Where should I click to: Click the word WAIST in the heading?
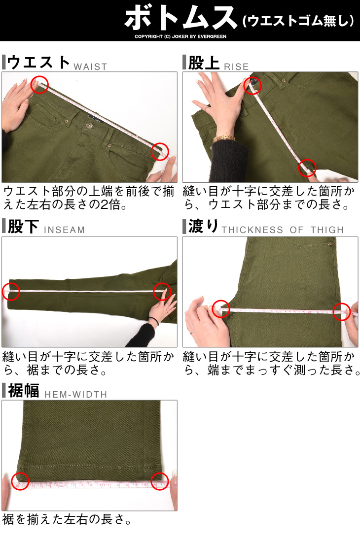coord(90,67)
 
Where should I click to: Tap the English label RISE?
coord(236,67)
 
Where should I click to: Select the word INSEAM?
coord(64,230)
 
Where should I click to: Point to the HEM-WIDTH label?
coord(76,394)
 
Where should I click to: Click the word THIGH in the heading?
coord(327,230)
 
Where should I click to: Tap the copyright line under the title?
coord(180,36)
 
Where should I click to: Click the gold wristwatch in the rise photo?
coord(224,138)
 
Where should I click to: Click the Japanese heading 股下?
coord(23,227)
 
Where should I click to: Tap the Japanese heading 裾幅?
coord(23,391)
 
